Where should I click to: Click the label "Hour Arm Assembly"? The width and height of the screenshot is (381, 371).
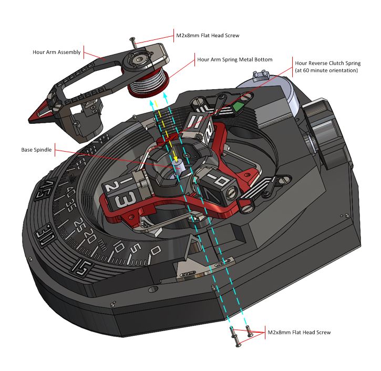coord(56,52)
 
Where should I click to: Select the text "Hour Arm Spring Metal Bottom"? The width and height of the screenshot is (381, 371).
coord(234,60)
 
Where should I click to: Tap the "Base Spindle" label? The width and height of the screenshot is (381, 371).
coord(37,150)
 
